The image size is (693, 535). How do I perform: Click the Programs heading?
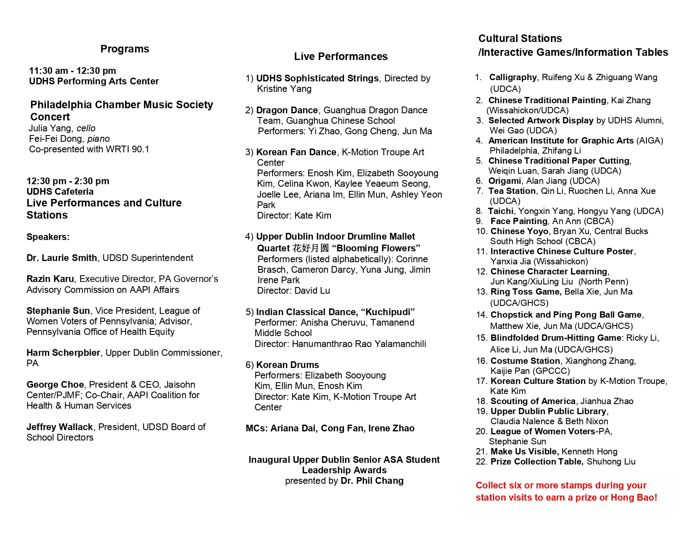[x=125, y=49]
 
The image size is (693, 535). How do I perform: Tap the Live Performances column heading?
[x=341, y=57]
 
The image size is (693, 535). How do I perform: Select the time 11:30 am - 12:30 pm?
[x=72, y=71]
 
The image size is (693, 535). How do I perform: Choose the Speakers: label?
[x=48, y=237]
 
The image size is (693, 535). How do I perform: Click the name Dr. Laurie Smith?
[x=62, y=258]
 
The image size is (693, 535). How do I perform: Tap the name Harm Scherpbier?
[x=63, y=353]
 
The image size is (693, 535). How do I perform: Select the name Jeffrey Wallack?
[x=60, y=427]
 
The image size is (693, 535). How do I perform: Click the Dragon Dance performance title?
[x=287, y=110]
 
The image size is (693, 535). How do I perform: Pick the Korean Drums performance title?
[x=288, y=365]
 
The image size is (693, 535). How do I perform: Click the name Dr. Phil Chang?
[x=372, y=481]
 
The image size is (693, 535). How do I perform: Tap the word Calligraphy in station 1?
[x=513, y=78]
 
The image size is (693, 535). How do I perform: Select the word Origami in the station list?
[x=504, y=181]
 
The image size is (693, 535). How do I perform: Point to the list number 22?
[x=481, y=462]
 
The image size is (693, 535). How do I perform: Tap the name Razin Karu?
[x=50, y=279]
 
